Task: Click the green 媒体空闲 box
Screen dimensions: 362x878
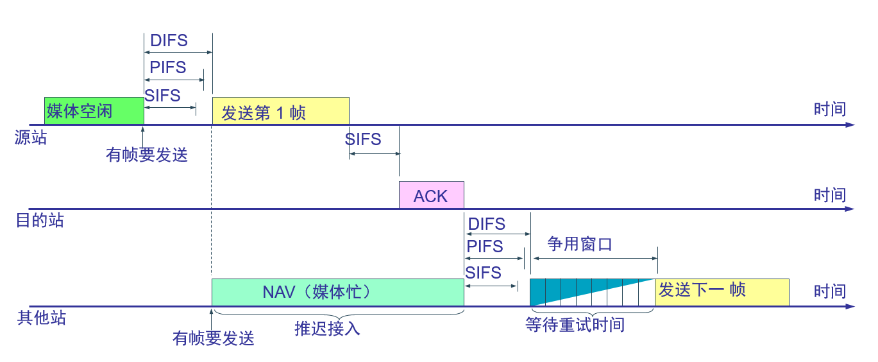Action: pos(94,110)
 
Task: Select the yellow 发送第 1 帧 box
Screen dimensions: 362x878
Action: pos(280,111)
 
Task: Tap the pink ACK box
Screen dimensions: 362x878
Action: pos(431,195)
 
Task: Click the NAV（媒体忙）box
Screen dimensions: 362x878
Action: pos(337,292)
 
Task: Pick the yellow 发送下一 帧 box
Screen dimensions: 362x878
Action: pos(722,292)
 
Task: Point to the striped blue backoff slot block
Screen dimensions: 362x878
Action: pos(591,292)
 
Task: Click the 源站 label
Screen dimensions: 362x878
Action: pos(31,137)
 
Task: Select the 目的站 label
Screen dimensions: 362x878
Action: pos(40,221)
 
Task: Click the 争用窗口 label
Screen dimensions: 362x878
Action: pos(580,245)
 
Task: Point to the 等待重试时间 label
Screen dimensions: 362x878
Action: pos(575,325)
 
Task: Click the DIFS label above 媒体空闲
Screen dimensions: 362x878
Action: pos(169,40)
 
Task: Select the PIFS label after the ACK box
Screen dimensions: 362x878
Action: pos(485,246)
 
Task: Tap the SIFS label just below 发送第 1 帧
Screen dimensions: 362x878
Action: pos(363,139)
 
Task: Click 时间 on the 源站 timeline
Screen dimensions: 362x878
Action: pos(830,109)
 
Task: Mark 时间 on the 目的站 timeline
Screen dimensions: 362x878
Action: pos(830,194)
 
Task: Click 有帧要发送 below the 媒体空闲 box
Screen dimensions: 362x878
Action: pos(147,155)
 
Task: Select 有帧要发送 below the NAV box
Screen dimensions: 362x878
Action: pos(214,338)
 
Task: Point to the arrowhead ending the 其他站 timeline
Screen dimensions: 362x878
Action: pos(850,307)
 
